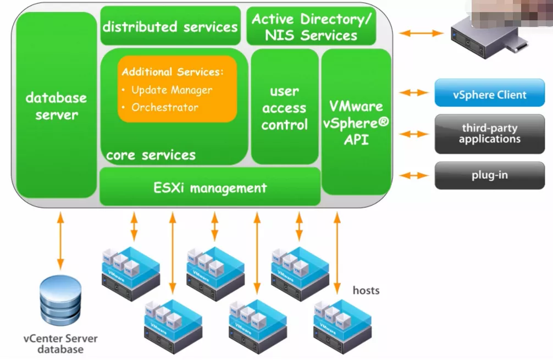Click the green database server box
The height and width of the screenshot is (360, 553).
(x=56, y=106)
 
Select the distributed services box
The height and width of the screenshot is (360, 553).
(x=170, y=26)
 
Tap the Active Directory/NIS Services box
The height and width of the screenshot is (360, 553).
(x=311, y=26)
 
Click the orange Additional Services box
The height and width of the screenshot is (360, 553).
(x=177, y=88)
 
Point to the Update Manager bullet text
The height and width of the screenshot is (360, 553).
(x=171, y=90)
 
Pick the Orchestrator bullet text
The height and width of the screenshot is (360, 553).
(x=164, y=108)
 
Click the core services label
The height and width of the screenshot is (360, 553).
(x=151, y=156)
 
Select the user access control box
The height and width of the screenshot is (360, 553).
(x=284, y=107)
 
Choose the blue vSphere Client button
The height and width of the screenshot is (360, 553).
(x=489, y=95)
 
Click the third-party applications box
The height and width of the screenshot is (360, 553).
(x=489, y=134)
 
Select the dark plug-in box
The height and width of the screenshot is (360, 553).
(x=489, y=176)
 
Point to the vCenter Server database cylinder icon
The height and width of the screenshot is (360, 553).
(x=60, y=302)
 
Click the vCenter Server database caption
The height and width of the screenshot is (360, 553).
(x=60, y=344)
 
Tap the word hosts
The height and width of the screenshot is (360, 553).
(x=366, y=290)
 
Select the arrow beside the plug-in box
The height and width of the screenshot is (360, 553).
(x=414, y=175)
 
